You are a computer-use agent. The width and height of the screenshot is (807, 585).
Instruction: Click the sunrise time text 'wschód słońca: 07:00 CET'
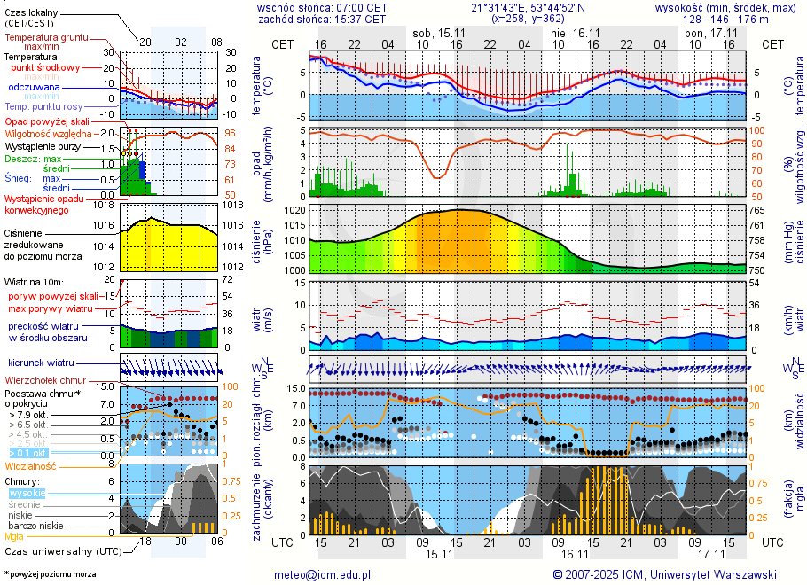coord(321,7)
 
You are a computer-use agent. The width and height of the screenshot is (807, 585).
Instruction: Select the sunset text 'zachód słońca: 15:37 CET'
coord(321,18)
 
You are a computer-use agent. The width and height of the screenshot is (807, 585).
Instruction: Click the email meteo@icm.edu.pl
coord(322,574)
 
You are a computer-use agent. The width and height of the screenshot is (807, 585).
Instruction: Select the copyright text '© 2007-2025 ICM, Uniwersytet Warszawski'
coord(664,574)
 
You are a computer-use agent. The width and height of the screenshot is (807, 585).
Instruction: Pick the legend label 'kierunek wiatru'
coord(40,363)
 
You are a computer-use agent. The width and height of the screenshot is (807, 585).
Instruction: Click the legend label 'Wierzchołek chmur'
coord(44,380)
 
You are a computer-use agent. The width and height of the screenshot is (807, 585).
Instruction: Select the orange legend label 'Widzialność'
coord(30,465)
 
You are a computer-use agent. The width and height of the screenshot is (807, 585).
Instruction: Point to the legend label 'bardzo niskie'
coord(35,526)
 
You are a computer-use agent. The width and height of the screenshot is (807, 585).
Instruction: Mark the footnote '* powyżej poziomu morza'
coord(51,574)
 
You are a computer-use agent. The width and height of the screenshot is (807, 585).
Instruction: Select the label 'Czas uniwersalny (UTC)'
coord(60,550)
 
